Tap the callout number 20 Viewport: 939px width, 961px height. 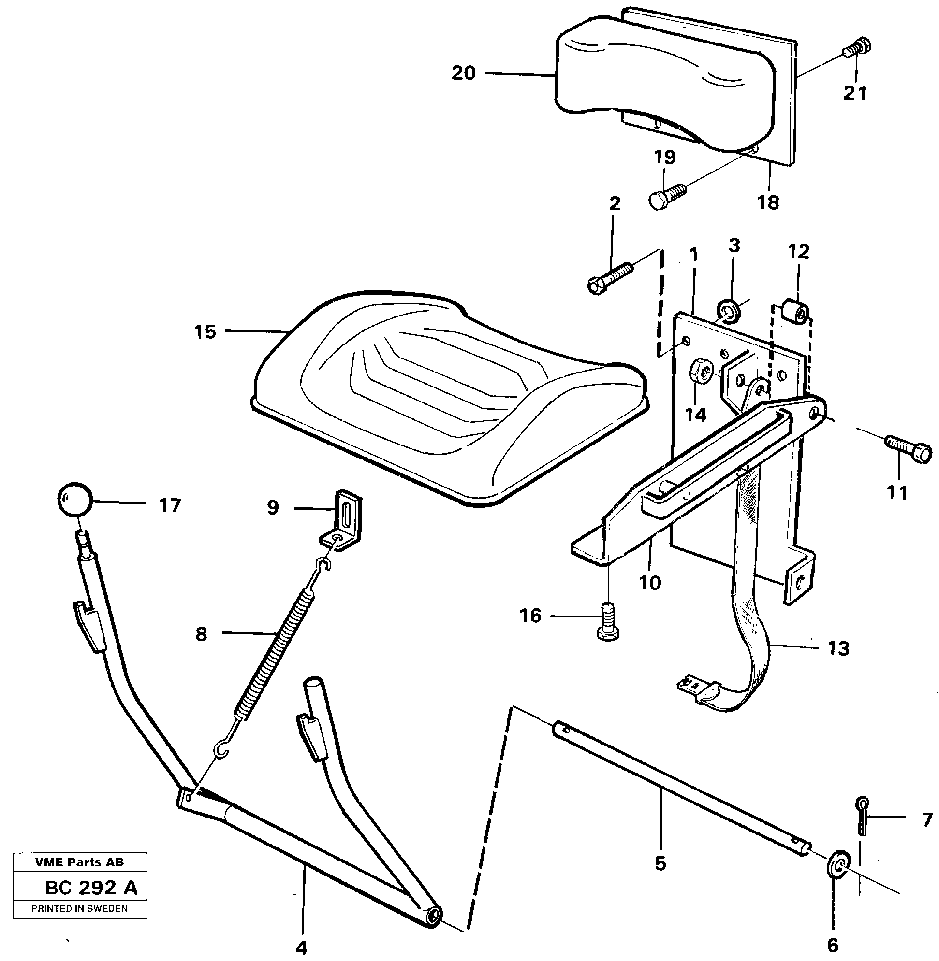pos(463,73)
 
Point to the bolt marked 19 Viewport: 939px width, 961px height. pos(665,196)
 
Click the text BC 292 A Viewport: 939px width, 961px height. pos(91,888)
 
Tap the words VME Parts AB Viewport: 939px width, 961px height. pos(79,862)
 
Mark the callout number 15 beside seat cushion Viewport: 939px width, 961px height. pos(205,331)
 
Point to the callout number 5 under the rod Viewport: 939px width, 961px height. pos(660,863)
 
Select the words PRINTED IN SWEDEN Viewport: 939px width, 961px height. pos(79,908)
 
